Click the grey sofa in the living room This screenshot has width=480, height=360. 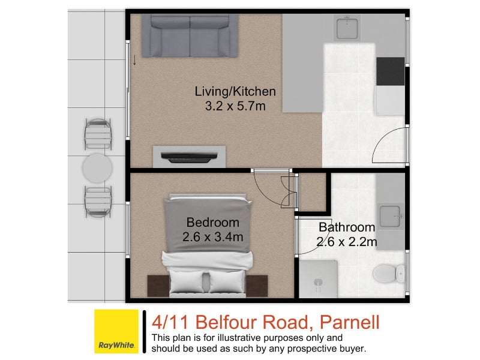click(190, 35)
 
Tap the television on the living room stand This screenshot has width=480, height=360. click(189, 158)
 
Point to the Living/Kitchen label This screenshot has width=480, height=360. click(235, 92)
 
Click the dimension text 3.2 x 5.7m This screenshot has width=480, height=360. click(235, 106)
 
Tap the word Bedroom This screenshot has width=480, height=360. click(212, 223)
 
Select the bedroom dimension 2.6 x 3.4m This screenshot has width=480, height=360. click(212, 237)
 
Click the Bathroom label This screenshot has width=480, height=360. click(347, 227)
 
